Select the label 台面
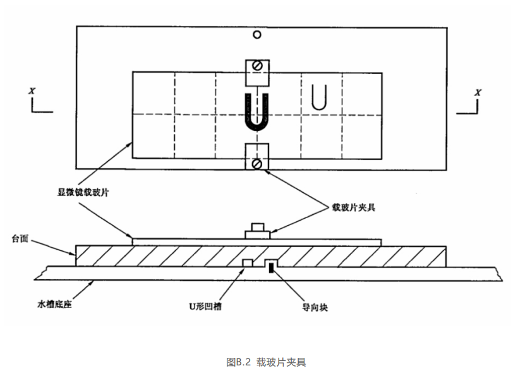click(x=20, y=239)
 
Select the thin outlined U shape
click(x=320, y=98)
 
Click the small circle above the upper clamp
click(x=256, y=35)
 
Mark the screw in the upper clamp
click(x=257, y=66)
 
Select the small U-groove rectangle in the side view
click(x=248, y=263)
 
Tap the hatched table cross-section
click(x=158, y=256)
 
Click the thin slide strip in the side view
click(x=189, y=241)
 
